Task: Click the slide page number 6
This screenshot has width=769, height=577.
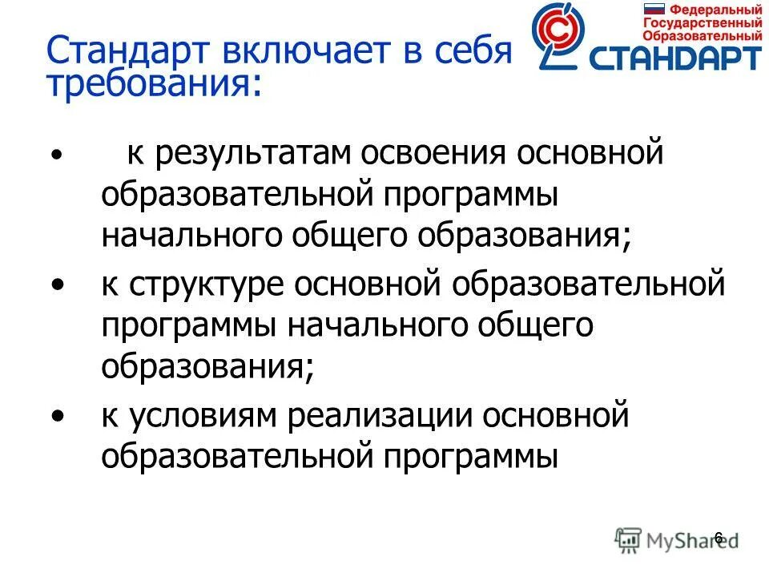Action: click(718, 538)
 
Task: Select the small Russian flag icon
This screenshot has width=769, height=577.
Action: click(655, 10)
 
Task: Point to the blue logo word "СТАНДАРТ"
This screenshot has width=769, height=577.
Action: click(674, 58)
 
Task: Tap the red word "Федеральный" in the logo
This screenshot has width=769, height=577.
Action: click(715, 10)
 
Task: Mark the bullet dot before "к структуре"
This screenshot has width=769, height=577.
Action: click(57, 286)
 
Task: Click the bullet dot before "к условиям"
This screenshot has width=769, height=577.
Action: click(57, 417)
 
